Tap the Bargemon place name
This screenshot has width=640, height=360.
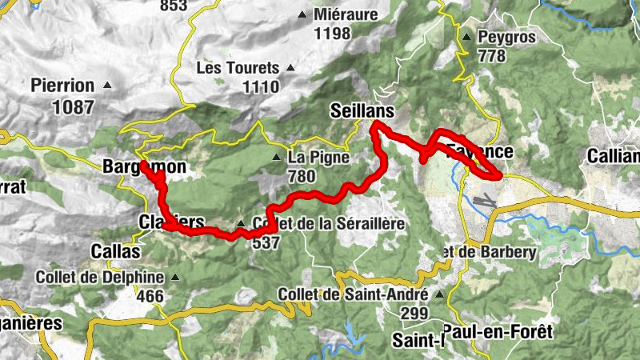[x=144, y=167]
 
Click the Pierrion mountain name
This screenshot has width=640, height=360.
[x=62, y=85]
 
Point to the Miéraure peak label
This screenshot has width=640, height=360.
[x=346, y=14]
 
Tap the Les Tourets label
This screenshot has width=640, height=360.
[x=238, y=68]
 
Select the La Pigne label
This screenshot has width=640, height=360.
[x=318, y=158]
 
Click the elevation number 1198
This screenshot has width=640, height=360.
[x=333, y=33]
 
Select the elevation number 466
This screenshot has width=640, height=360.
[x=150, y=296]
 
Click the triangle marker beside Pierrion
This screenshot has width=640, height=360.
[x=106, y=85]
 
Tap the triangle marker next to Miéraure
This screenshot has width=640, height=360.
[x=302, y=14]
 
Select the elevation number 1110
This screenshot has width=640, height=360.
[x=262, y=86]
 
